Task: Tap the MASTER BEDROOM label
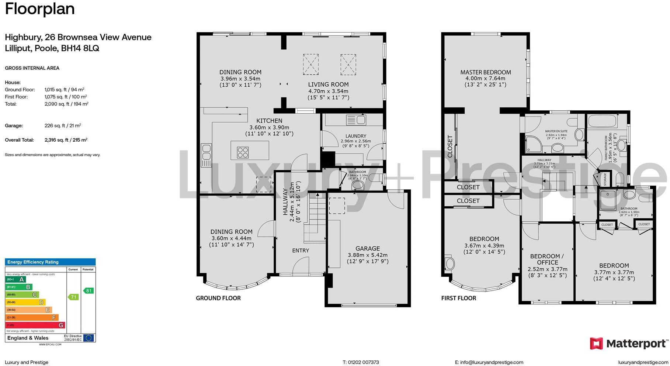tap(485, 72)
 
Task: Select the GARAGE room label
tap(367, 249)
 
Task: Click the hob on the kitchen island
tap(243, 152)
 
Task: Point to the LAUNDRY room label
tap(356, 136)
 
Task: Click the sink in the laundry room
tap(356, 120)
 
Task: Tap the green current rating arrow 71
tap(73, 297)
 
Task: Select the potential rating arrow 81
tap(88, 291)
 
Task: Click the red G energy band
tap(35, 325)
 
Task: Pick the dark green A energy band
tap(15, 279)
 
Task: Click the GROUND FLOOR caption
tap(218, 298)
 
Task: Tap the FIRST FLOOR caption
tap(458, 298)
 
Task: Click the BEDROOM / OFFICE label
tap(547, 259)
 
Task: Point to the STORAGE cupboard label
tap(605, 179)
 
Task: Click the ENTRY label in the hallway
tap(301, 251)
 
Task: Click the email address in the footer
tap(489, 362)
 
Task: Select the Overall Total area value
tap(66, 140)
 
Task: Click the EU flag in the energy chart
tap(88, 338)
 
